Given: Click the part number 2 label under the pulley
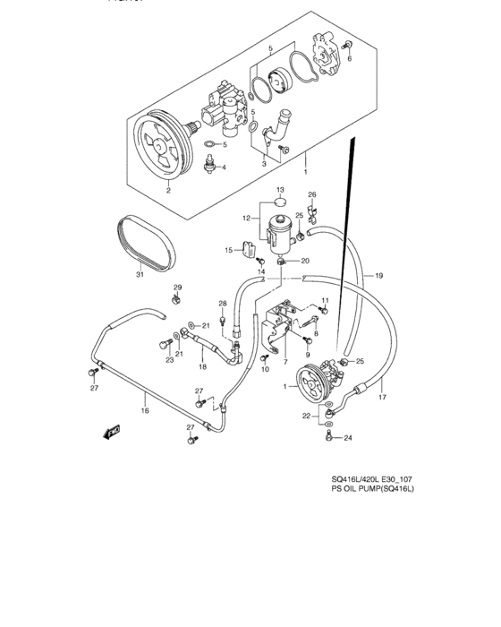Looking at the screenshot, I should click(167, 189).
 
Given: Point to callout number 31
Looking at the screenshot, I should click(140, 275).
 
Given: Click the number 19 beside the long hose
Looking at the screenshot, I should click(378, 275).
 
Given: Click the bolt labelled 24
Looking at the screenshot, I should click(330, 436).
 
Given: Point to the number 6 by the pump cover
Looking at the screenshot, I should click(350, 59).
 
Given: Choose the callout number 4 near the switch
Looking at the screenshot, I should click(224, 167).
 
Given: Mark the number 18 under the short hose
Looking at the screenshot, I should click(203, 367).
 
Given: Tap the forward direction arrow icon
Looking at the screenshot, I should click(112, 433).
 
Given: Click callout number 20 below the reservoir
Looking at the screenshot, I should click(304, 261).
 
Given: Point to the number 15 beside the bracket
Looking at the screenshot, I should click(228, 250).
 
